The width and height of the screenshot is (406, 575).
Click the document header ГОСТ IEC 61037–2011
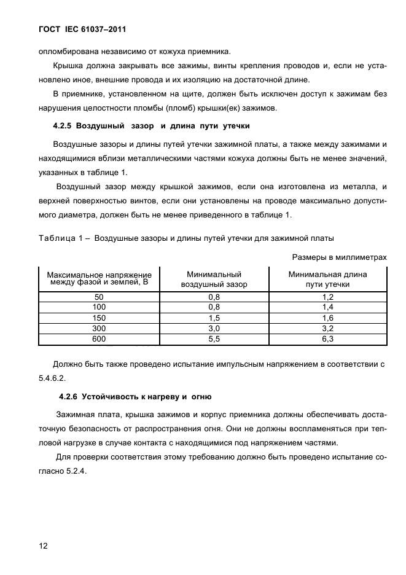click(x=77, y=29)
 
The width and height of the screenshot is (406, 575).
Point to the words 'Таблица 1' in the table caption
click(x=57, y=238)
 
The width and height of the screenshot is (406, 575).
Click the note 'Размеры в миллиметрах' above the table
click(x=339, y=257)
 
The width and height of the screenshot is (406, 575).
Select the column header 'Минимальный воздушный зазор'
click(x=214, y=280)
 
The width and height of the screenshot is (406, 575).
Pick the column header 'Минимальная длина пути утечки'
click(x=327, y=280)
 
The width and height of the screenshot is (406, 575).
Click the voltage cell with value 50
click(x=100, y=297)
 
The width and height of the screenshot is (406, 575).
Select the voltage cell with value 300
click(x=100, y=329)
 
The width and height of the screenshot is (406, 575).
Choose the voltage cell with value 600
click(x=100, y=339)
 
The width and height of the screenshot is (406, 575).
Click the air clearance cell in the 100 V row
click(x=214, y=307)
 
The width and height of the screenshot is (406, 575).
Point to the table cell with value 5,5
click(x=214, y=339)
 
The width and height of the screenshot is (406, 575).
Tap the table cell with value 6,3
click(x=327, y=339)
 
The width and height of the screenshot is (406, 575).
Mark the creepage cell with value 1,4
click(x=327, y=307)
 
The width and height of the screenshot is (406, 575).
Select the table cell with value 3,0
click(x=214, y=329)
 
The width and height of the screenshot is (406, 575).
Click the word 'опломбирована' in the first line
click(x=68, y=52)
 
